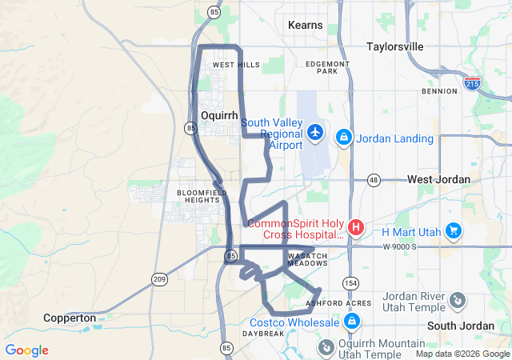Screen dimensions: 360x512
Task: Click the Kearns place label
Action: tap(306, 25)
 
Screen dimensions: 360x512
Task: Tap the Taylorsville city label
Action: tap(394, 46)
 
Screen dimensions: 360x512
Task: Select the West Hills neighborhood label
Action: tap(236, 65)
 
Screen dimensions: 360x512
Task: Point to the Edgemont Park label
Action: tap(327, 67)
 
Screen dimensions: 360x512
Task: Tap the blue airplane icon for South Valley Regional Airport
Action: tap(316, 130)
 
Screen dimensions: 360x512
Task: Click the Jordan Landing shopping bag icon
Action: tap(344, 138)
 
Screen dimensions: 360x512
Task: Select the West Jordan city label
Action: tap(438, 179)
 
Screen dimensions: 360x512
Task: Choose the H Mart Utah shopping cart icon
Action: tap(454, 231)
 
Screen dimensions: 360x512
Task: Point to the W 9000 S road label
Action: tap(401, 246)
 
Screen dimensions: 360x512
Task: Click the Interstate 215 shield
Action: tap(472, 82)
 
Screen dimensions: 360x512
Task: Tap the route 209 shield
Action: tap(158, 278)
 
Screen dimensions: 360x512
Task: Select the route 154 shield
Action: tap(351, 283)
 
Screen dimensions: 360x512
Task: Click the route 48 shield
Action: tap(374, 179)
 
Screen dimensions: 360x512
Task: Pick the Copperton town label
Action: tap(71, 318)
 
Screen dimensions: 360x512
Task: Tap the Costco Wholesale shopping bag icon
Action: tap(350, 322)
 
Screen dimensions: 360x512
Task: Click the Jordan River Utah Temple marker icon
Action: tap(457, 300)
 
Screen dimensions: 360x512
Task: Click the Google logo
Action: tap(26, 350)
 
